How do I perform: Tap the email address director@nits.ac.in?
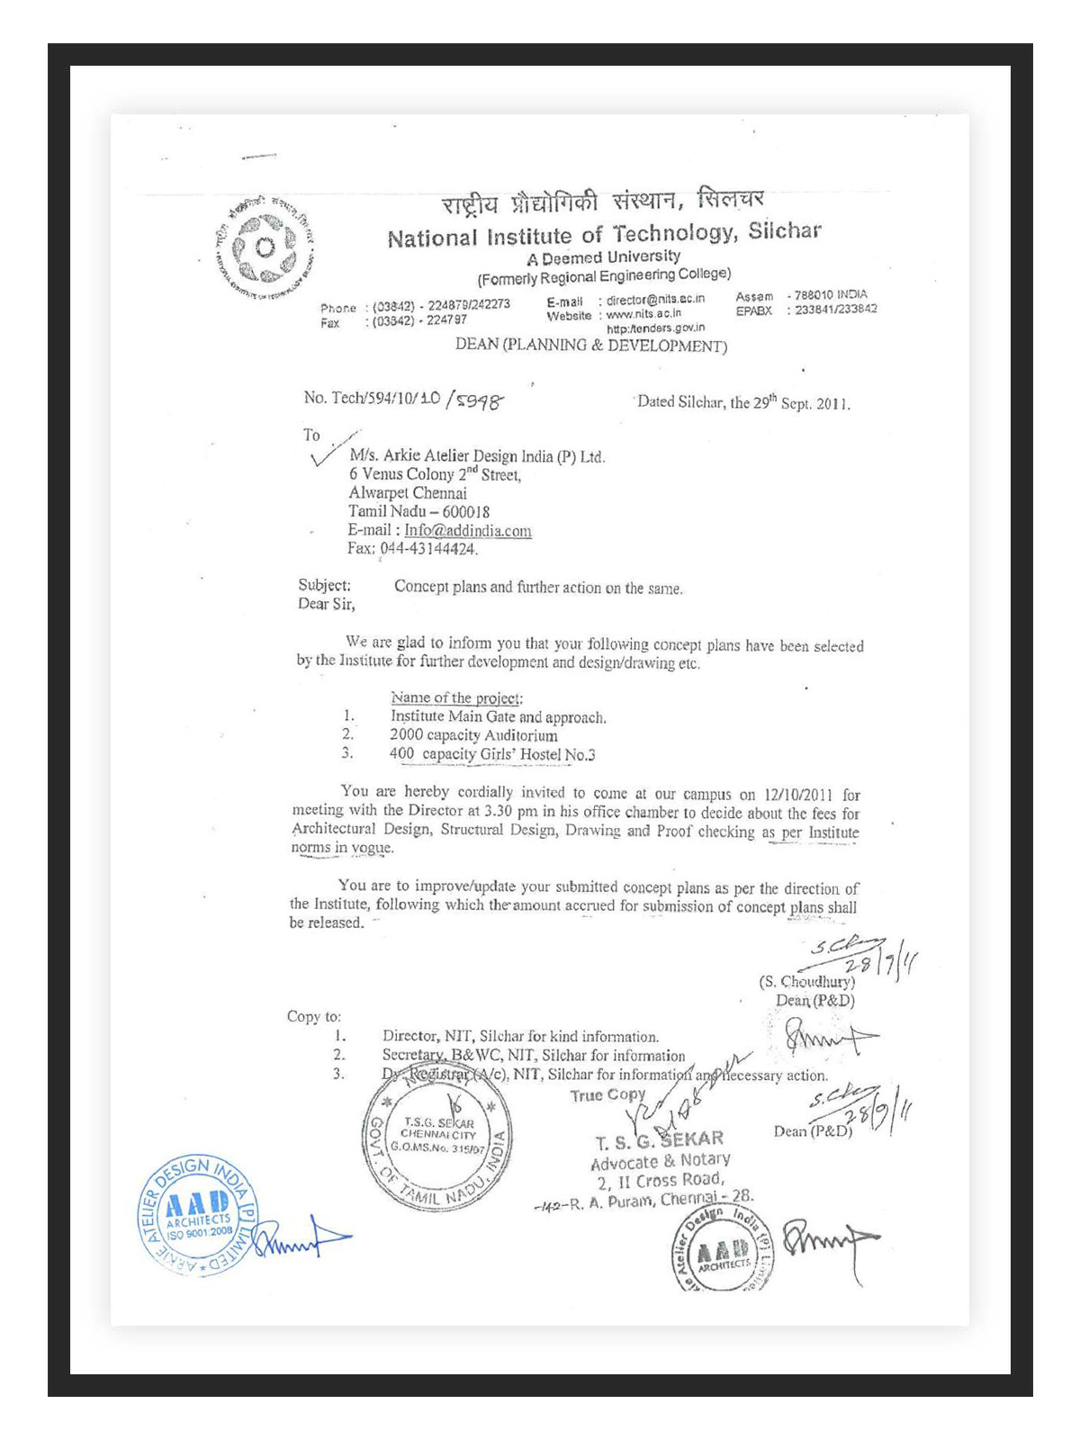[656, 299]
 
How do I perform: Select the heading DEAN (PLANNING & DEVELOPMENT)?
[591, 345]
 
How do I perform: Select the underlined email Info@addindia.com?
[468, 530]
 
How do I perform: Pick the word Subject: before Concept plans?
[325, 585]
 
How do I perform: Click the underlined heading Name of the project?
[456, 697]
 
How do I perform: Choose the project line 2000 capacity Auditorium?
[473, 735]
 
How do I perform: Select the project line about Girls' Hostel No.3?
[492, 754]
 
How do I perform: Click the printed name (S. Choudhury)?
[806, 981]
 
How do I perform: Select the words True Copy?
[607, 1094]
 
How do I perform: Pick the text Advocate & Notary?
[660, 1161]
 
